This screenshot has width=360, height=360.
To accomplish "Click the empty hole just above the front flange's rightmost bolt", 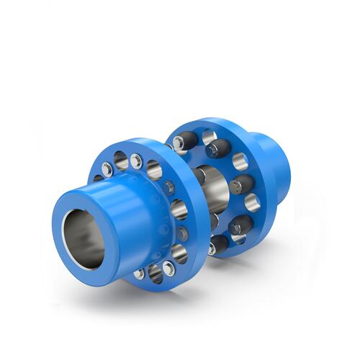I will pos(178,210).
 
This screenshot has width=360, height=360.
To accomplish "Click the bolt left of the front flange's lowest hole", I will pos(139,274).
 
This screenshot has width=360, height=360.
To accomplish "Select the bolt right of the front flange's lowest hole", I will pos(169,269).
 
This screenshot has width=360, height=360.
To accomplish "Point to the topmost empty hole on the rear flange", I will pos(209,136).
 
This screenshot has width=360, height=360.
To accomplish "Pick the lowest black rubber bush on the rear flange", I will pos(217,245).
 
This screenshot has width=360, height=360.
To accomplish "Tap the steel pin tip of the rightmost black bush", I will pos(236,186).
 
